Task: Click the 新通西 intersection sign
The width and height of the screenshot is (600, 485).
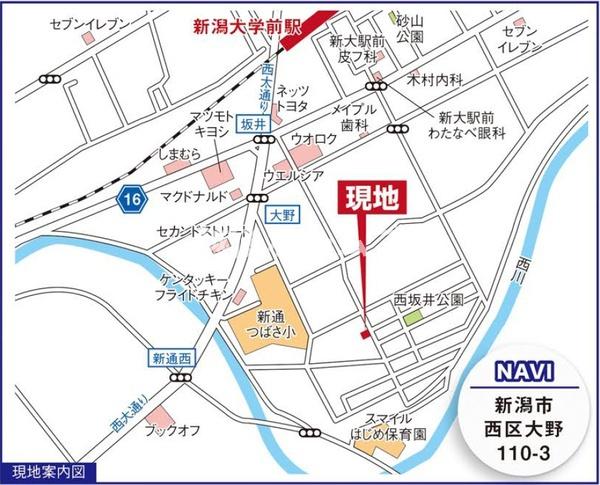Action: point(171,357)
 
